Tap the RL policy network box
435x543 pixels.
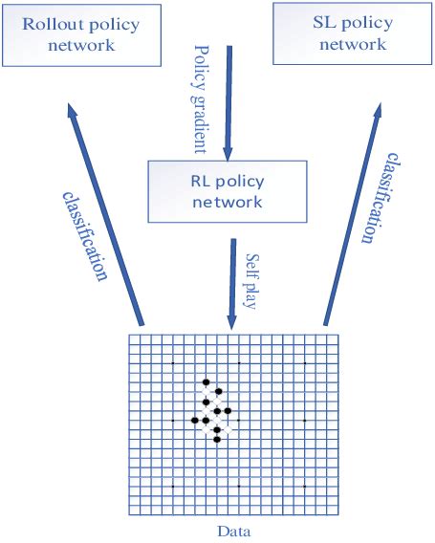[x=227, y=191]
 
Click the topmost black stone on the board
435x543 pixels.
[x=206, y=382]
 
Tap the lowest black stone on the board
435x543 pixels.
[x=217, y=440]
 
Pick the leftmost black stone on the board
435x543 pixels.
[x=195, y=420]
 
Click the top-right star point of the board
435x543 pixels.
[x=305, y=363]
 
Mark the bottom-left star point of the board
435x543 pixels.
[x=172, y=487]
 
